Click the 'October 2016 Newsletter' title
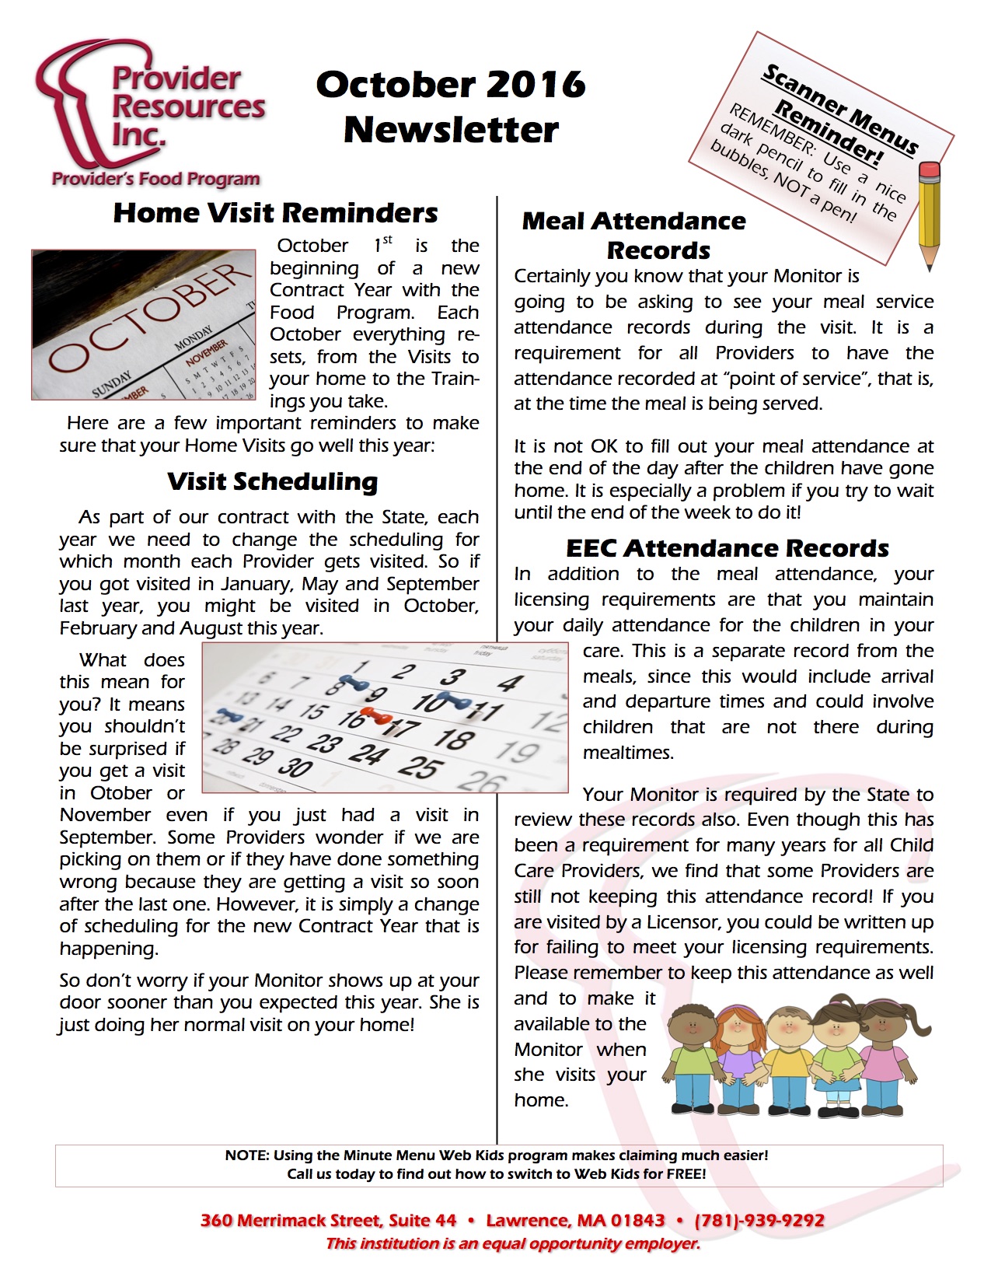pos(451,107)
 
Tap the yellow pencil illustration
pos(929,214)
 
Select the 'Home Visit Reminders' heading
pos(275,213)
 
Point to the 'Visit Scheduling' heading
pos(272,481)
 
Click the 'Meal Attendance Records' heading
pos(634,236)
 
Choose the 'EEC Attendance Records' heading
pos(727,548)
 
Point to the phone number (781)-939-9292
pos(759,1220)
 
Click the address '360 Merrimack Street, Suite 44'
pos(328,1220)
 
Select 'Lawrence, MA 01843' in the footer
pos(575,1220)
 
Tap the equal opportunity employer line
pos(513,1243)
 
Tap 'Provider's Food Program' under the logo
pos(155,179)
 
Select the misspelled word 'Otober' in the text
pos(121,793)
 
